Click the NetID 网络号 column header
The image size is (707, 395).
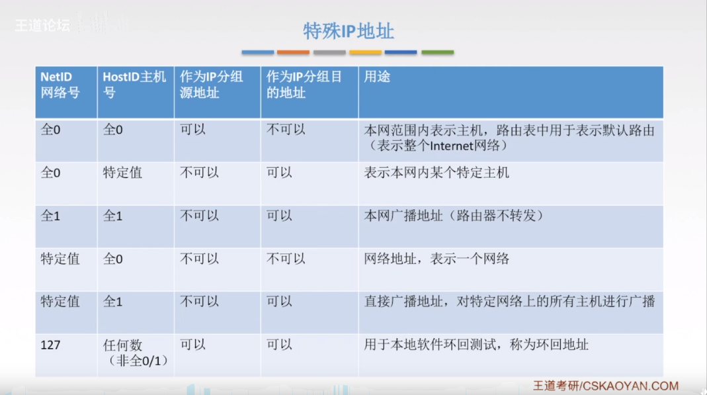point(60,85)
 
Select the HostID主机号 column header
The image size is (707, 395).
point(134,85)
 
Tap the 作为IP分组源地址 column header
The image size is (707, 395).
point(212,85)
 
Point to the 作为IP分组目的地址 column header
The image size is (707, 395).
point(304,85)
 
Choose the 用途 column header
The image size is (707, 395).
point(377,77)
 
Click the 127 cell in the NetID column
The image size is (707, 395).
point(51,345)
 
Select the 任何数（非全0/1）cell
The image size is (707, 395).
point(135,353)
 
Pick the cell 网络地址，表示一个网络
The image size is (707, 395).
point(437,259)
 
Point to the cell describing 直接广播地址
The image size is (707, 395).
point(509,302)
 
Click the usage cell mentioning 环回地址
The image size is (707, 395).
point(476,345)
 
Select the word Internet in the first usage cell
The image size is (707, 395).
point(450,145)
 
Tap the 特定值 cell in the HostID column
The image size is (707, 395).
point(122,173)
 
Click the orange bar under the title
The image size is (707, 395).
point(293,52)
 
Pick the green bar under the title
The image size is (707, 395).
point(437,52)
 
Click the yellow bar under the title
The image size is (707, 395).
point(365,52)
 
